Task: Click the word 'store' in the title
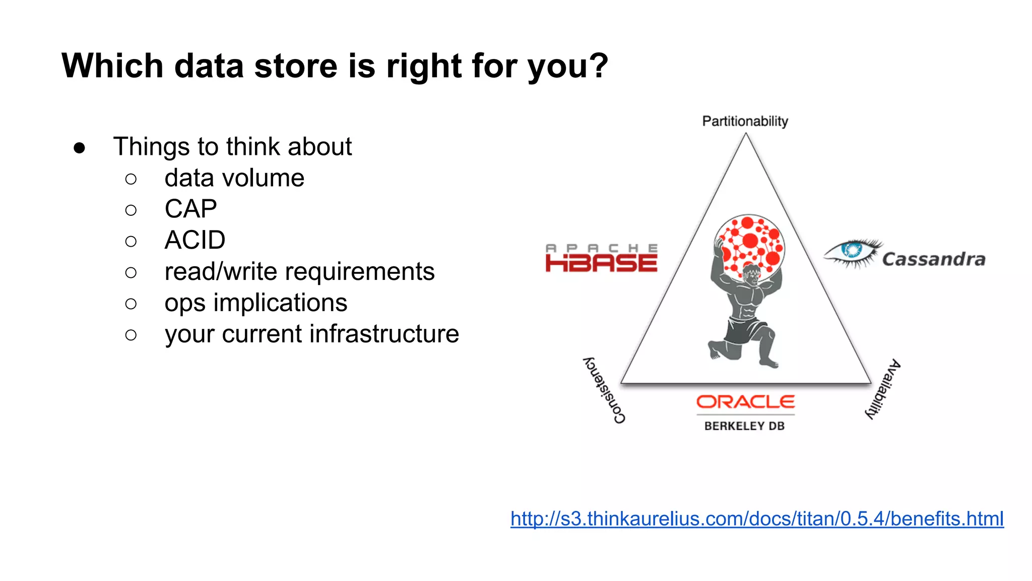coord(295,66)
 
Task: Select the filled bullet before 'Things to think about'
coord(79,148)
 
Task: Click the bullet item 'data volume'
coord(234,178)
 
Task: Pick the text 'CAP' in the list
coord(190,209)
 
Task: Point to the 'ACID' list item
coord(195,240)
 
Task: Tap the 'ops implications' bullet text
coord(255,303)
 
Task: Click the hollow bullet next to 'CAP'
coord(131,210)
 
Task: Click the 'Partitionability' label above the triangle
coord(745,122)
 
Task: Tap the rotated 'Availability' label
coord(883,389)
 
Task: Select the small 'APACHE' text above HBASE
coord(601,248)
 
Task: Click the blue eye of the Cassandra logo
coord(852,250)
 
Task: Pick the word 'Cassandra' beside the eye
coord(933,259)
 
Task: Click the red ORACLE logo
coord(745,402)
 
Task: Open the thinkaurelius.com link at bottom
coord(756,519)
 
